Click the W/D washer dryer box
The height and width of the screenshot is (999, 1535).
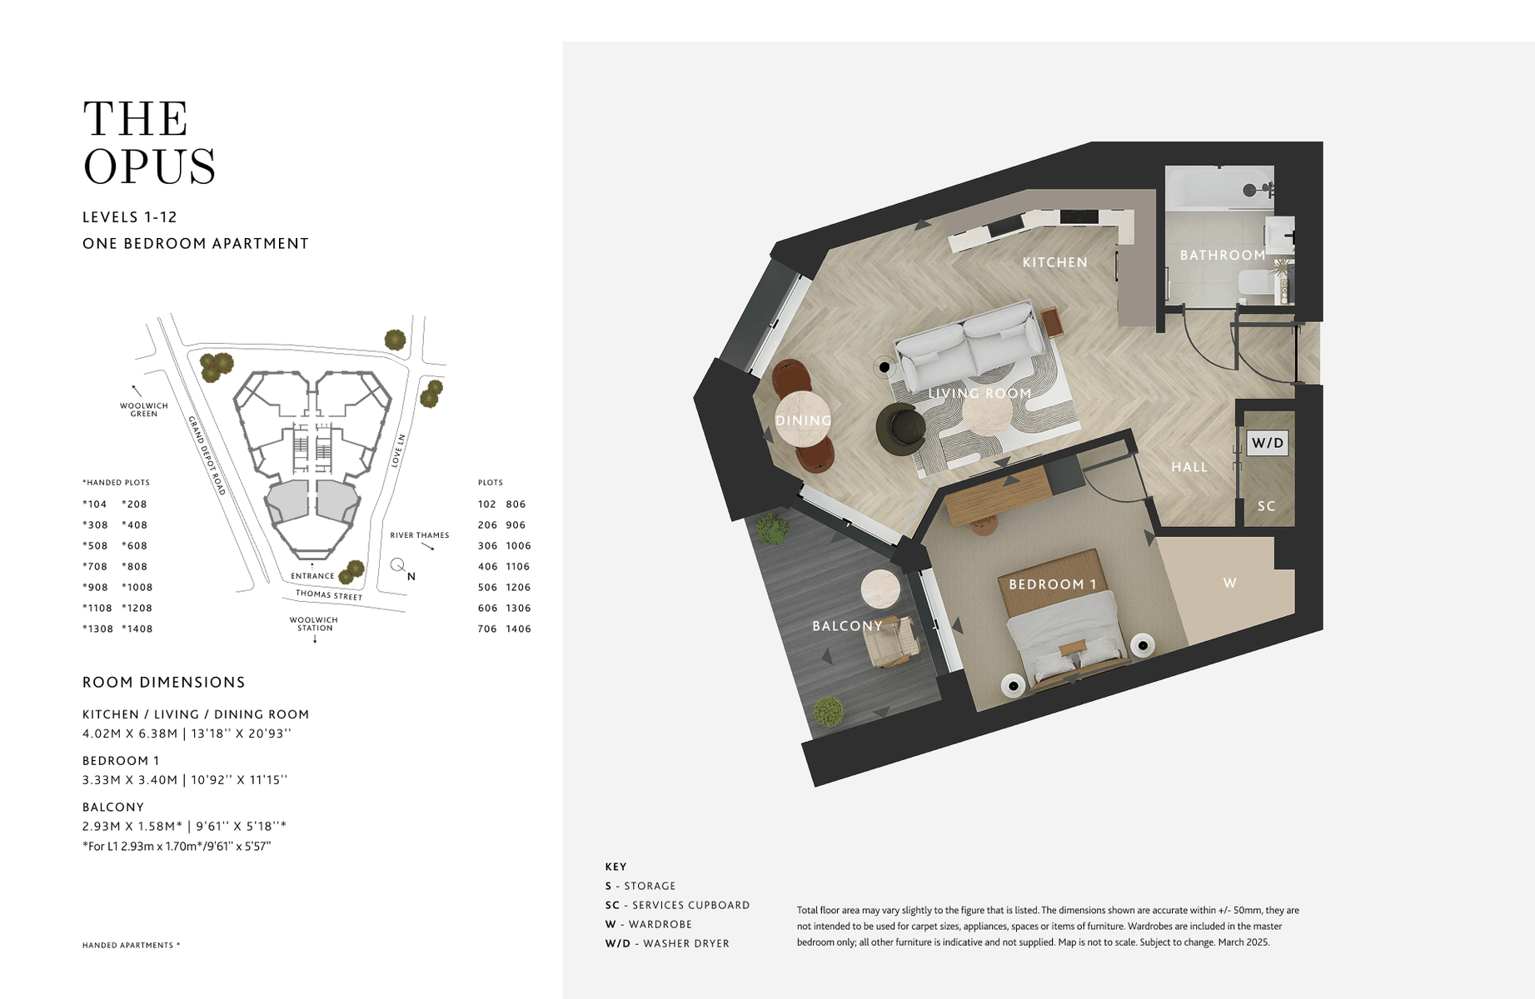[1267, 443]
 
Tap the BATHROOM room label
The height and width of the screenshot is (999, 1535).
[1222, 255]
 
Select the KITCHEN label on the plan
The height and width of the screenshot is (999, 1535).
[1054, 262]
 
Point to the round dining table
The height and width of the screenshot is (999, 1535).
[805, 420]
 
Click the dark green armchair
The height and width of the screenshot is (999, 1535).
[900, 430]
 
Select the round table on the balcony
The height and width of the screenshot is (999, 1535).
[880, 589]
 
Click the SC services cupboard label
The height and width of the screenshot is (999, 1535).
[1266, 506]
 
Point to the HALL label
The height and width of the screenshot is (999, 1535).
[1189, 467]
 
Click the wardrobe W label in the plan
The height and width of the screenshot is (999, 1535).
[1229, 583]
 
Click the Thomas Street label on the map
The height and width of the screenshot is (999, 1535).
[329, 595]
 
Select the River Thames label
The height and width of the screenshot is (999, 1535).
[419, 535]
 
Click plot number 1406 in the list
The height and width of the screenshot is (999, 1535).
[518, 629]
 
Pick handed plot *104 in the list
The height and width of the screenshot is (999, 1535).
[95, 504]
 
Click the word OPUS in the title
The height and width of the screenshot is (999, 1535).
[150, 166]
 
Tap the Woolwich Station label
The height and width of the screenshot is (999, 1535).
[314, 624]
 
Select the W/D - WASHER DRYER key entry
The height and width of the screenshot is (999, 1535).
[667, 943]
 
